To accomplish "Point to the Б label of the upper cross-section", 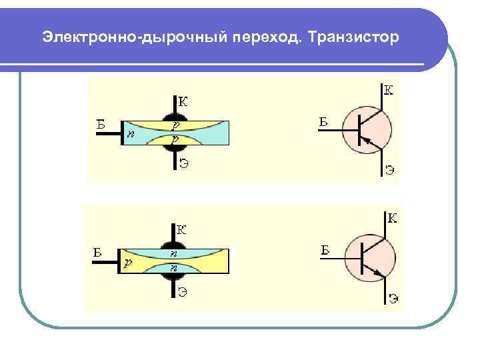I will (x=100, y=123).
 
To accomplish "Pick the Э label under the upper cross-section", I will (x=183, y=165).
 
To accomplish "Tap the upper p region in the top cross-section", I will (x=175, y=125).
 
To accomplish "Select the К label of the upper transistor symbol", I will (x=388, y=89).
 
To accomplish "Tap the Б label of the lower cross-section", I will (x=97, y=252).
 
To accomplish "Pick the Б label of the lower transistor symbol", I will (x=325, y=250).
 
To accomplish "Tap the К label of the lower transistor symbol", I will (x=392, y=218).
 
